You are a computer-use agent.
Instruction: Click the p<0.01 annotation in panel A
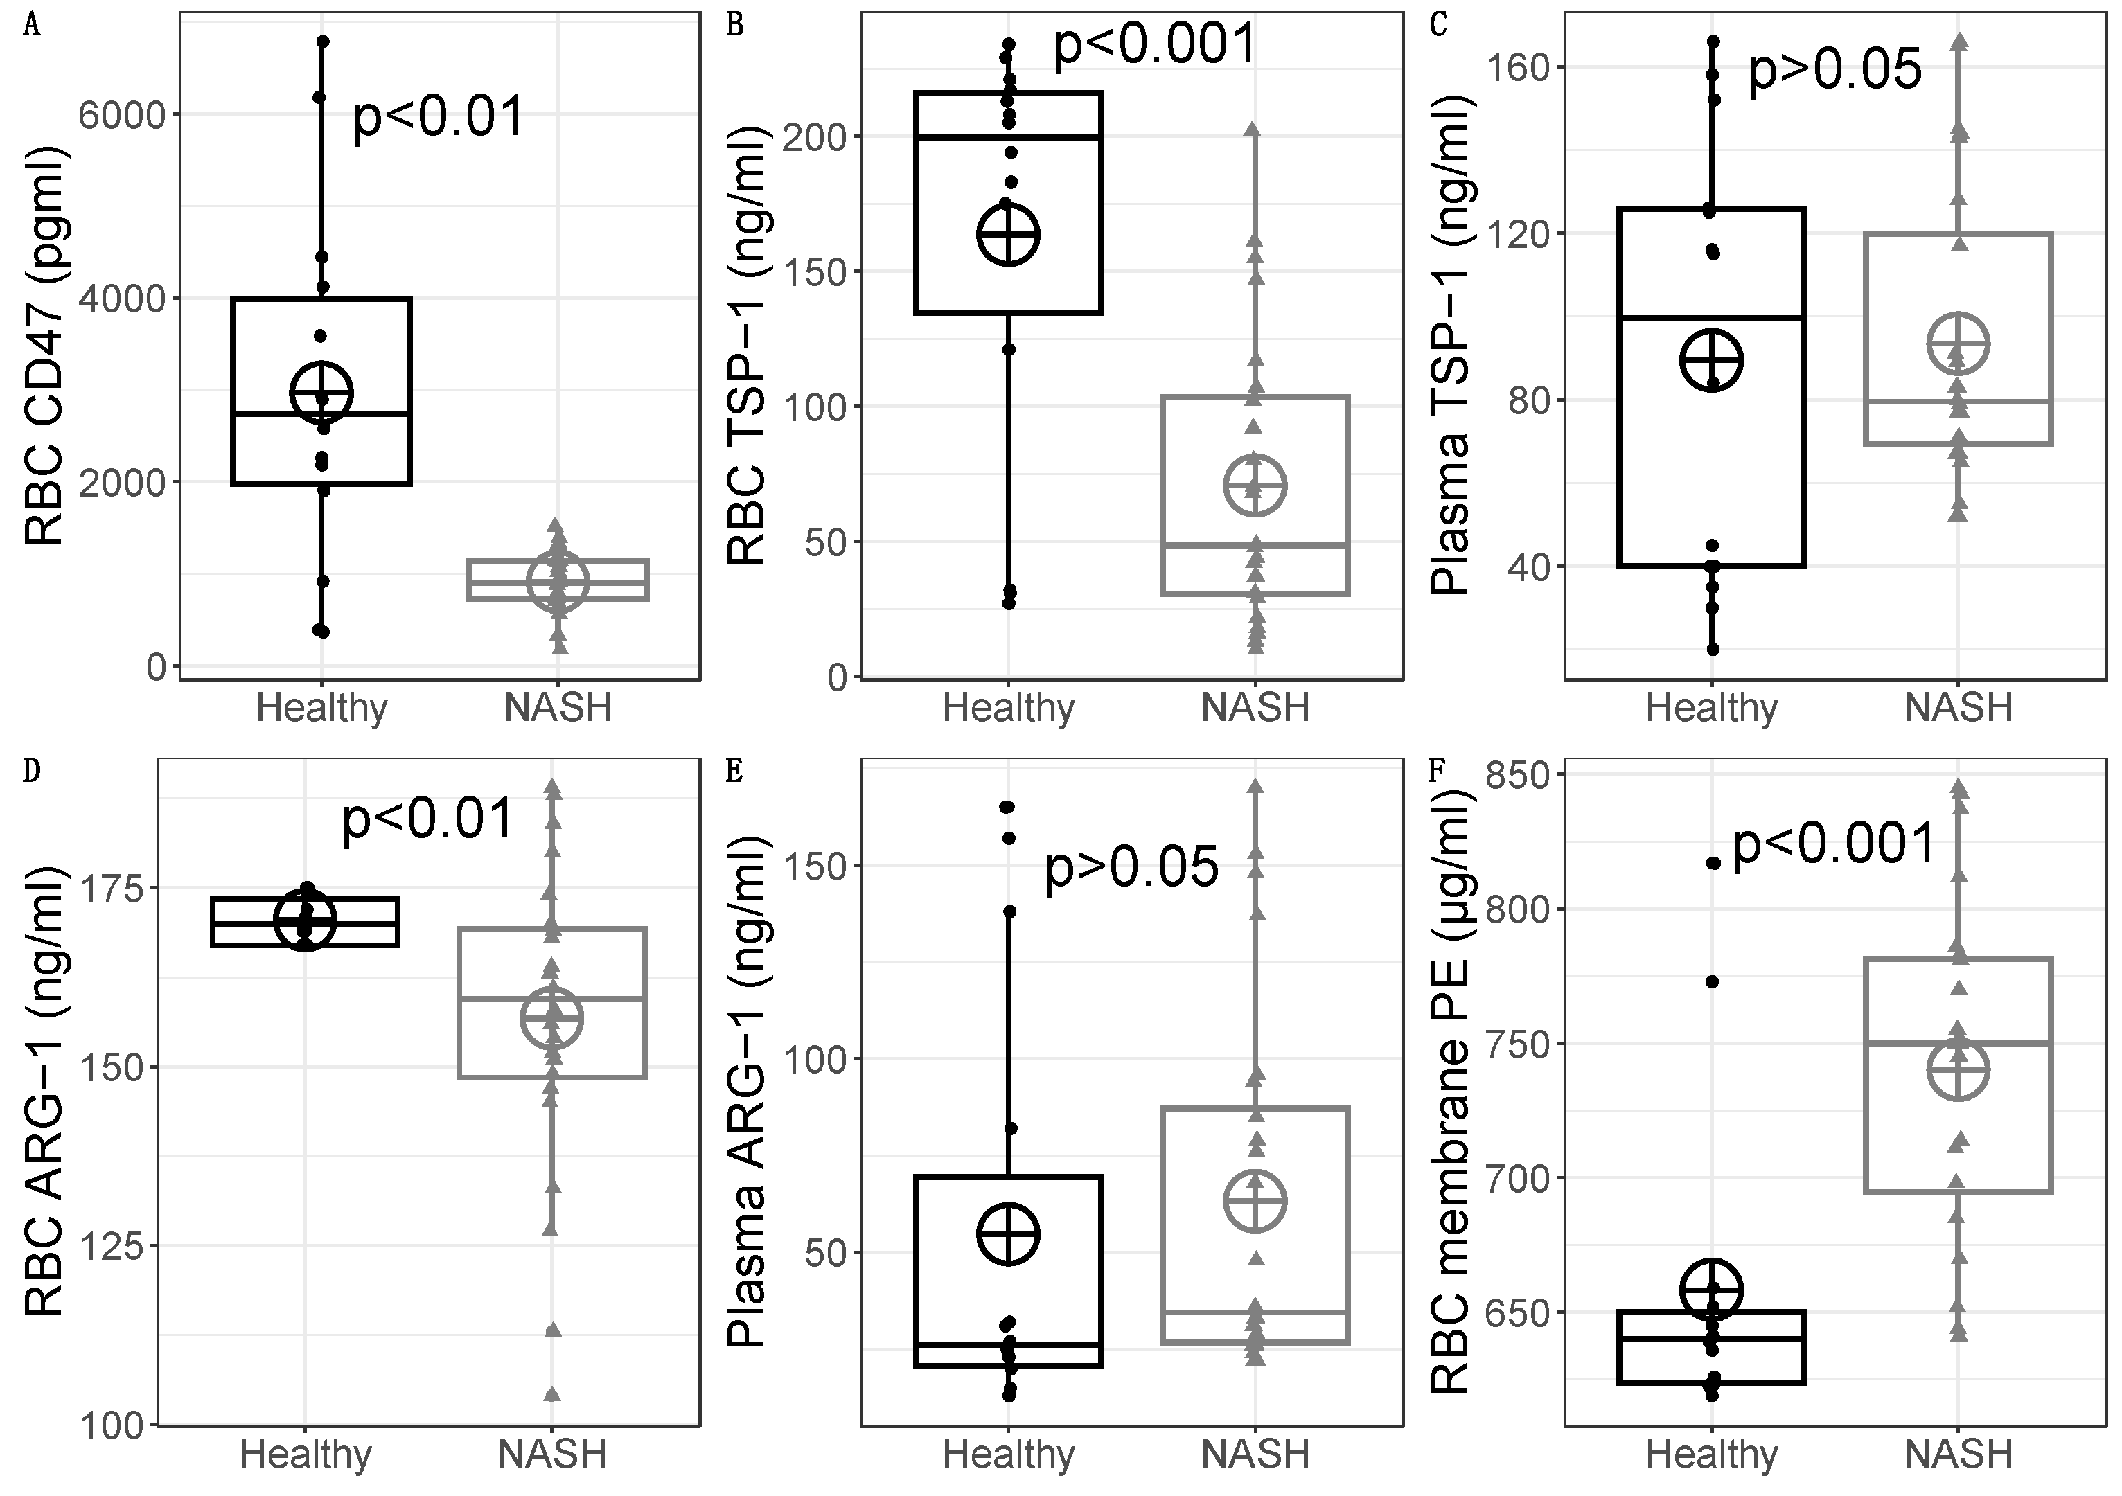pos(439,117)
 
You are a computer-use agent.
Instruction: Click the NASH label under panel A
pos(558,709)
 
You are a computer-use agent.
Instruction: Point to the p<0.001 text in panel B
pos(1156,44)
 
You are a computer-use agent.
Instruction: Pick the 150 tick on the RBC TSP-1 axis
pos(814,271)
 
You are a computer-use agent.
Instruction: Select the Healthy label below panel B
pos(1008,709)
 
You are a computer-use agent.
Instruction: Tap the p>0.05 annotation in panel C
pos(1834,69)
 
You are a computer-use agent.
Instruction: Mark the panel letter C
pos(1438,25)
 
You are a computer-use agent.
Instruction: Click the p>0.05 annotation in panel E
pos(1131,868)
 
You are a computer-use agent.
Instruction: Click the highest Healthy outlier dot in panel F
pos(1712,863)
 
